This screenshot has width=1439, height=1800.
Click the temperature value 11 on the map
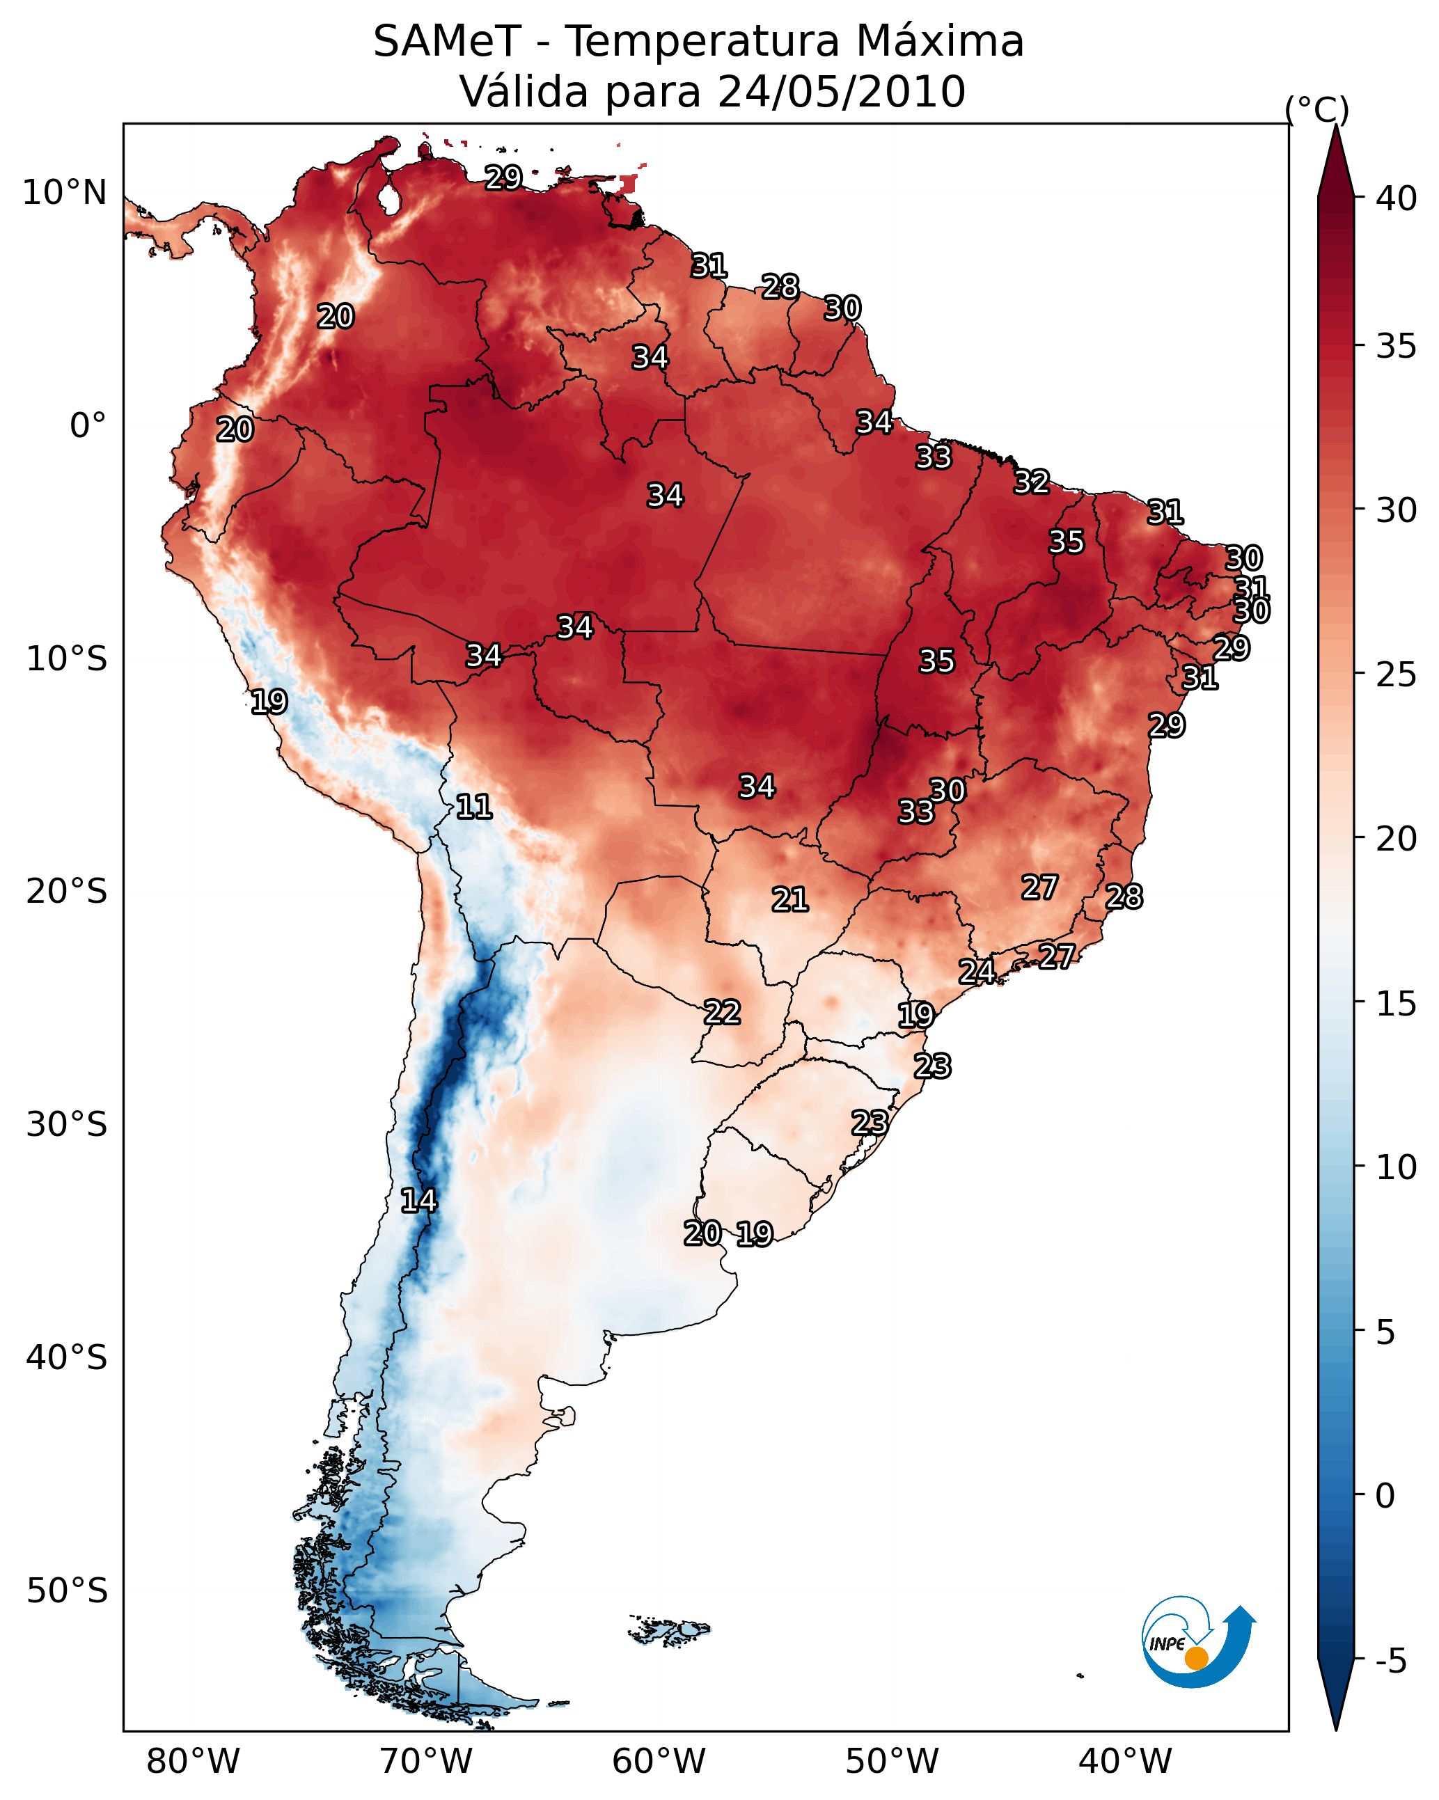(473, 807)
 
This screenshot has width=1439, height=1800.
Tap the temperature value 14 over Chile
(418, 1201)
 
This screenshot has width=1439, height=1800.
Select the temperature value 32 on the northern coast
(1032, 482)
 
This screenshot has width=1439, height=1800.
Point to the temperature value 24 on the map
(976, 971)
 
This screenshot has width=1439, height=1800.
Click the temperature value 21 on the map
(789, 899)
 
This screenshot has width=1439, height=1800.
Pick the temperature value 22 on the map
(721, 1012)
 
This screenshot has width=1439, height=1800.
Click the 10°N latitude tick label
(64, 193)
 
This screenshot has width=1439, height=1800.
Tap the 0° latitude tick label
(88, 426)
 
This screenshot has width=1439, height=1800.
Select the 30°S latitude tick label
(67, 1125)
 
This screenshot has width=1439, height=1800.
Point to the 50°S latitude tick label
(67, 1590)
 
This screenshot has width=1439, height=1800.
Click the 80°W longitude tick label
(193, 1761)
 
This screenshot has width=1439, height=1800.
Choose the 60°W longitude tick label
(659, 1761)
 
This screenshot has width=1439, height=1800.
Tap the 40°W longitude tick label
(1125, 1761)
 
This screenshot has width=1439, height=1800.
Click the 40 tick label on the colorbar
(1397, 198)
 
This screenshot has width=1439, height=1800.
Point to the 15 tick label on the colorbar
(1397, 1004)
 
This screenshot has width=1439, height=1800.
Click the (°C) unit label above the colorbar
(1316, 109)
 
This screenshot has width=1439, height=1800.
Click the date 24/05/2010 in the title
(841, 91)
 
